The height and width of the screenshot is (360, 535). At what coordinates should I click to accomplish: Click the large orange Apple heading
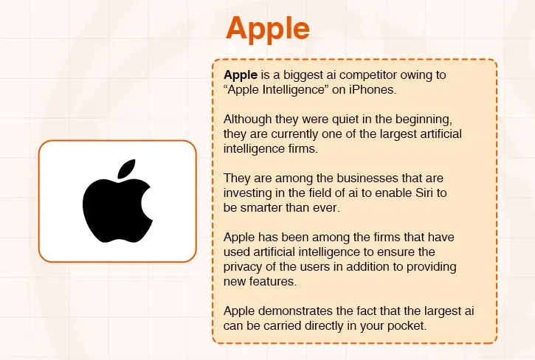(x=267, y=29)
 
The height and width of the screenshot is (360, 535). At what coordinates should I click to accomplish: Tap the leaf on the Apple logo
(x=126, y=169)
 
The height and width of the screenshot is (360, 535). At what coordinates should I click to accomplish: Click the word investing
(x=249, y=193)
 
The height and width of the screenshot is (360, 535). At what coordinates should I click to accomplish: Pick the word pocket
(x=405, y=325)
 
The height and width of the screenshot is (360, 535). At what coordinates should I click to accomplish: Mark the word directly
(x=325, y=325)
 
